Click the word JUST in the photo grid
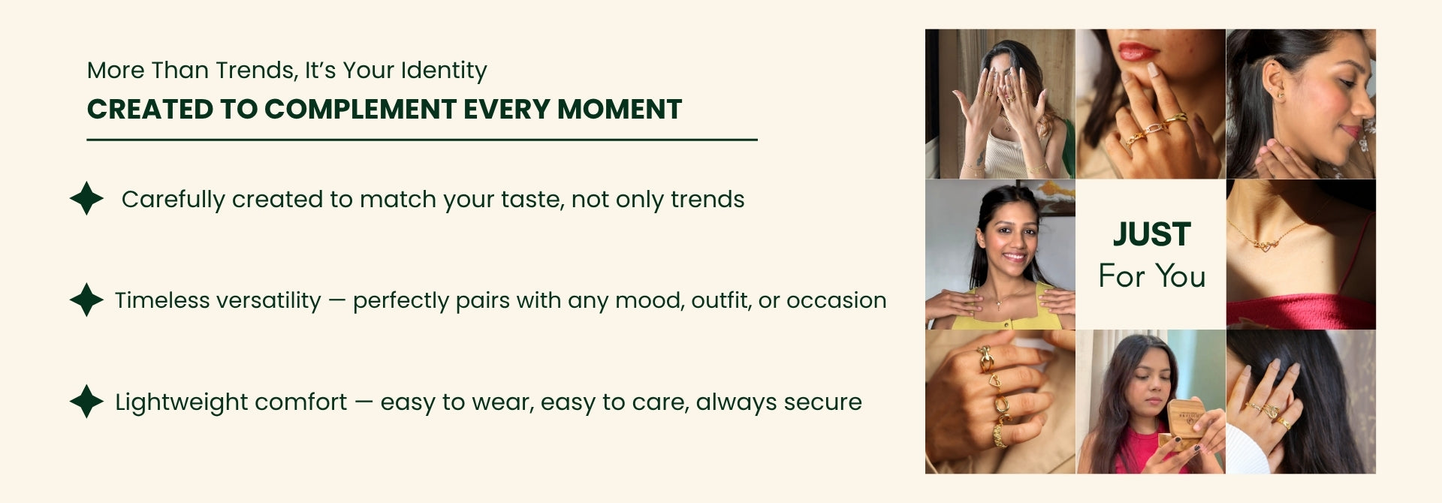pyautogui.click(x=1151, y=234)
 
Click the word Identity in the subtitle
pyautogui.click(x=444, y=71)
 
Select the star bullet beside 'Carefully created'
pyautogui.click(x=86, y=198)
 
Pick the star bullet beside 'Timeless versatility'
pyautogui.click(x=86, y=300)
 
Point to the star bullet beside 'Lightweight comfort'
pyautogui.click(x=86, y=401)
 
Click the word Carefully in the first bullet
pyautogui.click(x=173, y=200)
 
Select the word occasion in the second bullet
pyautogui.click(x=836, y=301)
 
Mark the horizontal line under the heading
pyautogui.click(x=422, y=140)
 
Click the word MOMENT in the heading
pyautogui.click(x=620, y=110)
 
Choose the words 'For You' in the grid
pyautogui.click(x=1151, y=276)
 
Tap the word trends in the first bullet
pyautogui.click(x=707, y=200)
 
